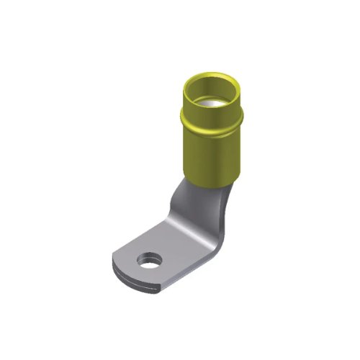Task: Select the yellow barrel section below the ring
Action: (x=210, y=155)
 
